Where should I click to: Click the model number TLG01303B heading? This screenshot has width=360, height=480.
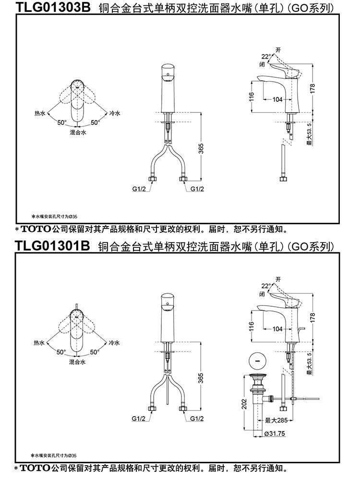click(53, 8)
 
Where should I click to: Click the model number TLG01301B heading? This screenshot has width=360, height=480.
click(53, 246)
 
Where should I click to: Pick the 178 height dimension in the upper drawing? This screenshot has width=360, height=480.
click(312, 88)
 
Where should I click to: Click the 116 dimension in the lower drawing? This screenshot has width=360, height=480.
click(251, 326)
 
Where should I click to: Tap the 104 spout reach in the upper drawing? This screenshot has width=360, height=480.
click(277, 99)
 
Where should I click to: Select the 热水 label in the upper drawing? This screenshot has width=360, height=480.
click(39, 114)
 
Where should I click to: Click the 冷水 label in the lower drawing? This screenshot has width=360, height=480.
click(114, 343)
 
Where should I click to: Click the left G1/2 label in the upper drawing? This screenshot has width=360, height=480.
click(139, 189)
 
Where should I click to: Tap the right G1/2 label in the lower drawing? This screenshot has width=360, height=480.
click(197, 419)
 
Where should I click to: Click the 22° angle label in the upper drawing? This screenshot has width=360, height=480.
click(265, 56)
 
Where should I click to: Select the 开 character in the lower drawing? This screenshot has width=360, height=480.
click(277, 279)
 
